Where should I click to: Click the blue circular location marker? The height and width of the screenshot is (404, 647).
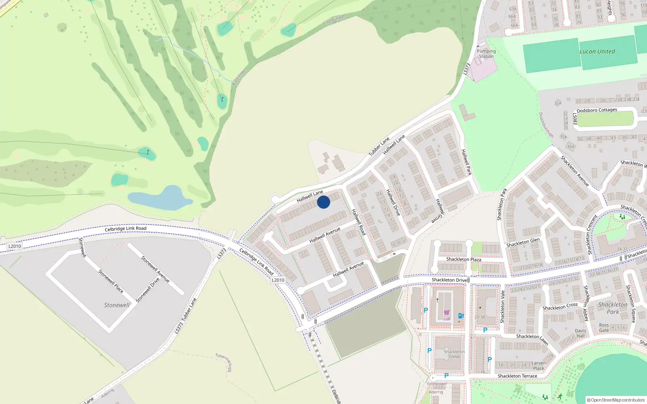click(323, 202)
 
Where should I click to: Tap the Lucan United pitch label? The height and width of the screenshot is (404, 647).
click(597, 52)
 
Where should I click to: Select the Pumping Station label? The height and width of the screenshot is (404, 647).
click(486, 54)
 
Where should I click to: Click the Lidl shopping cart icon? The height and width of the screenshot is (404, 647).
click(446, 312)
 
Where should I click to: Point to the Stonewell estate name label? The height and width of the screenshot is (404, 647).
click(117, 305)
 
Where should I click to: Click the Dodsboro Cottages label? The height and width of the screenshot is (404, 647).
click(597, 110)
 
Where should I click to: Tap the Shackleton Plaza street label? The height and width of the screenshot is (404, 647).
click(463, 259)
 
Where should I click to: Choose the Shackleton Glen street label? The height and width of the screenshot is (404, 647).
click(523, 242)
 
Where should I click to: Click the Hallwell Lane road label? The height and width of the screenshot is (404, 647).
click(310, 196)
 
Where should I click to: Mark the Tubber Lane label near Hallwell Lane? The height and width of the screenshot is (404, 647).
click(379, 146)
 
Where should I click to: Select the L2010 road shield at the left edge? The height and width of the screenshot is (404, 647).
click(15, 246)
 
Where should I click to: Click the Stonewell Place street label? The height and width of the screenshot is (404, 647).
click(111, 281)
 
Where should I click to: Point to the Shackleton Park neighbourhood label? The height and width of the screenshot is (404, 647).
click(613, 308)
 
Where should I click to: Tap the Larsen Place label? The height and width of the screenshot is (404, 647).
click(539, 366)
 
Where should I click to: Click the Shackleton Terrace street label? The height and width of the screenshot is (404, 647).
click(517, 376)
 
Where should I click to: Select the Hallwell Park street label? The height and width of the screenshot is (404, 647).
click(466, 162)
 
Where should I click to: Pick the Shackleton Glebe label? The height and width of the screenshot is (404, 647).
click(454, 354)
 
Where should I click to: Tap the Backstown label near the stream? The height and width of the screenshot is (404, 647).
click(239, 77)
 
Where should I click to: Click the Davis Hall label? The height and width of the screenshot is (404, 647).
click(580, 333)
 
